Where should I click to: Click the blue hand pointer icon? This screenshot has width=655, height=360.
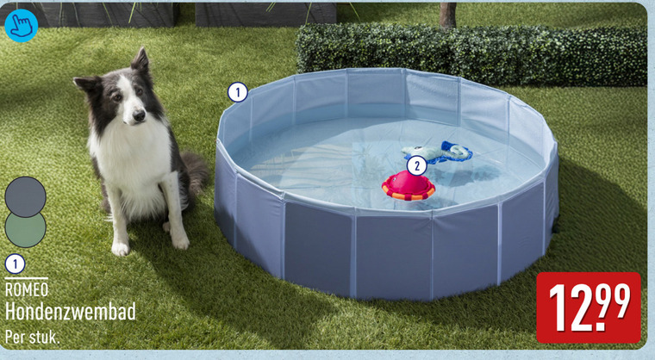pos(21,26)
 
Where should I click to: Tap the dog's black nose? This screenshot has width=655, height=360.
pos(139,115)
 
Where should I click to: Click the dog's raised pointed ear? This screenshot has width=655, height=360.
pos(140,59)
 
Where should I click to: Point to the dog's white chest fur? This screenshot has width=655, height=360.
pos(129,158)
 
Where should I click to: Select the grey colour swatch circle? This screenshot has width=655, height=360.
pos(26,196)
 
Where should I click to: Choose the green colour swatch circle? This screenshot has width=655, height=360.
pos(26,230)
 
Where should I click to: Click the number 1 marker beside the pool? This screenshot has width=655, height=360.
pos(238,92)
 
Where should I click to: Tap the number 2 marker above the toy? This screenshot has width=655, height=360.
pos(416,166)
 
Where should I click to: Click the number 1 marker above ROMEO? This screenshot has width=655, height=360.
pos(15,264)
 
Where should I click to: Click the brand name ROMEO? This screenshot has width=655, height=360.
pos(27,289)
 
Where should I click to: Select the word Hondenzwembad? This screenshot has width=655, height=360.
pos(70,312)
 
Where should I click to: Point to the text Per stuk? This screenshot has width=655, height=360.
pos(32,337)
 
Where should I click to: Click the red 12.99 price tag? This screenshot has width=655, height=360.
pos(588,307)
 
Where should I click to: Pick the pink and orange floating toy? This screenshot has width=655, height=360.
pos(409,186)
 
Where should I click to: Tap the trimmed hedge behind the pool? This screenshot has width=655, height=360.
pos(471,54)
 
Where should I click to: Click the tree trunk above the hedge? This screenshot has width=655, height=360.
pos(447,15)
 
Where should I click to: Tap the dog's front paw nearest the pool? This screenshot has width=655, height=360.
pos(180,241)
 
